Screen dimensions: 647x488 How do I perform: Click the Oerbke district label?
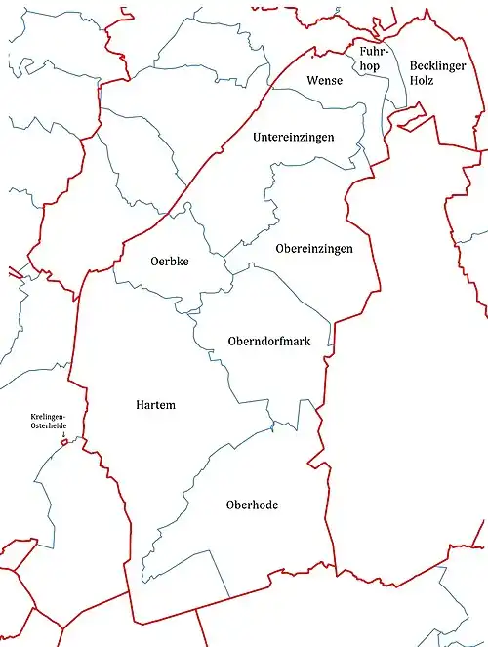pos(170,262)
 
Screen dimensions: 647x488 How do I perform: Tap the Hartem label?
pos(156,404)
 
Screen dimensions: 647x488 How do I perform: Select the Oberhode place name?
pos(253,505)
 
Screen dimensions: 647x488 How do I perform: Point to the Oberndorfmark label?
pos(268,341)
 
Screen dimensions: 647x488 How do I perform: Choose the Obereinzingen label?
pos(314,249)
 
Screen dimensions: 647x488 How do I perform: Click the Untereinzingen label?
pos(293,137)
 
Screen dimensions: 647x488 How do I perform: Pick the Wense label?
pos(324,80)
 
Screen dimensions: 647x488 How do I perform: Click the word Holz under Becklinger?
pos(423,80)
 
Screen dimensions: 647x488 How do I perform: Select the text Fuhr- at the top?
pos(376,51)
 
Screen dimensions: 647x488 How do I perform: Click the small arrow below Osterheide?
pos(64,435)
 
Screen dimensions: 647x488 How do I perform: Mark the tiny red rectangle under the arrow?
pos(65,442)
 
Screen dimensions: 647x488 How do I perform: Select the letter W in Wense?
pos(311,80)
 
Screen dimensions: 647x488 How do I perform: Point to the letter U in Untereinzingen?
pos(257,137)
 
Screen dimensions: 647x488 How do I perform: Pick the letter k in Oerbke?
pos(182,262)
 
